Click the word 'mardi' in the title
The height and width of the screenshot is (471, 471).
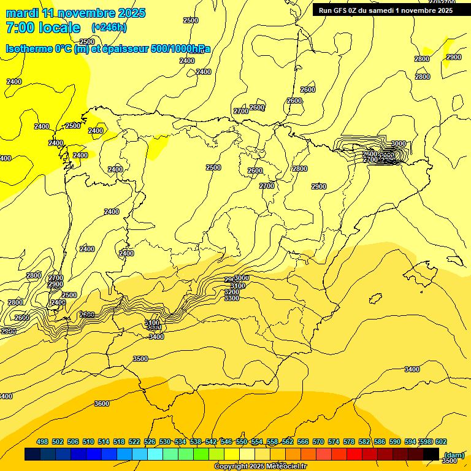coord(21,13)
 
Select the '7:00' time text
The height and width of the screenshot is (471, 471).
coord(19,28)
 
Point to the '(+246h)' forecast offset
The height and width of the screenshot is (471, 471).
coord(109,28)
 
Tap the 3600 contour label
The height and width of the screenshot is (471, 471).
coord(102,404)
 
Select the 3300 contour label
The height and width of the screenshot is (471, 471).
coord(232,299)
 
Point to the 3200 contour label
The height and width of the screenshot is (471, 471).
coord(232,292)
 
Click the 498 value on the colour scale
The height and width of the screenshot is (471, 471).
coord(42,442)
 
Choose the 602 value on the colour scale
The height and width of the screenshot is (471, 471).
coord(441,442)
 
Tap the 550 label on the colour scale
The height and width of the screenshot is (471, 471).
coord(242,442)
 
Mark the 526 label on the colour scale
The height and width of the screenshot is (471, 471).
coord(150,442)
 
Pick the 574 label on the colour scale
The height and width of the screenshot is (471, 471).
coord(334,442)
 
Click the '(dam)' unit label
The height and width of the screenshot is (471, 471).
coord(454,455)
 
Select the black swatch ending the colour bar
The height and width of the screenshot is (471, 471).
coord(431,454)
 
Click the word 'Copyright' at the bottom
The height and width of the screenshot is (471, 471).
coord(231,467)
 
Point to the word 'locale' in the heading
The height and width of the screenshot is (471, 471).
coord(59,28)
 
